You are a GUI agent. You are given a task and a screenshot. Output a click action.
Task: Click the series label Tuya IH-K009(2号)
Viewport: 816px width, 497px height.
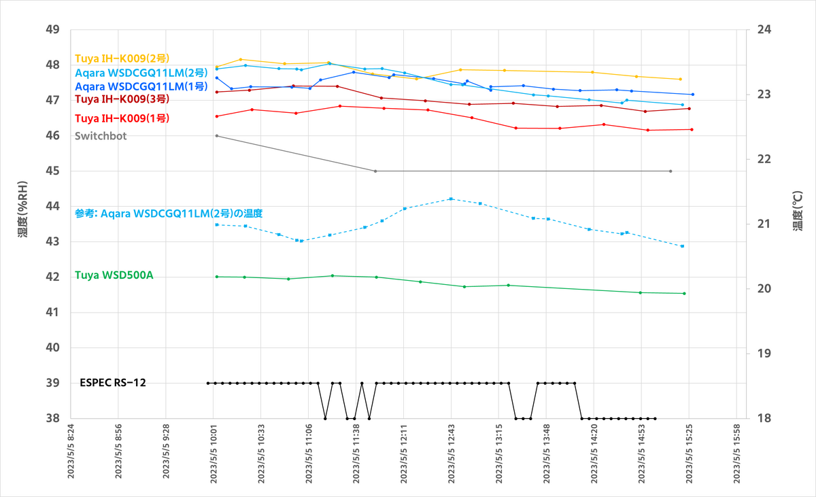point(122,58)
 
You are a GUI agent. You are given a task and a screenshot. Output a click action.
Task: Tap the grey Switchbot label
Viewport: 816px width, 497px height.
point(101,136)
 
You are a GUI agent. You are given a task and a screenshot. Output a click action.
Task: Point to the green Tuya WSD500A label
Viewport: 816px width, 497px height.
point(114,276)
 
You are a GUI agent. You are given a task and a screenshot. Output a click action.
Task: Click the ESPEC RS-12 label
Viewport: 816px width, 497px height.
point(113,383)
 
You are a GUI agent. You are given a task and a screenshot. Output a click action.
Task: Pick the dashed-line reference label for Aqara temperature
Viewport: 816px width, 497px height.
point(169,213)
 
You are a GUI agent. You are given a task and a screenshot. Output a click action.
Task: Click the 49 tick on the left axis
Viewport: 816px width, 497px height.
point(52,29)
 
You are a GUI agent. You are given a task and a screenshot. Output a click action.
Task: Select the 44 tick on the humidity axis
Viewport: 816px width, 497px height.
point(52,206)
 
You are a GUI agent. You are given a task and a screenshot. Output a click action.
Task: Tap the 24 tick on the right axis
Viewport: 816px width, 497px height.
point(756,29)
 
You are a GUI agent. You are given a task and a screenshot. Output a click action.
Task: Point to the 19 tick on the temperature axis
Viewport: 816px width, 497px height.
point(756,354)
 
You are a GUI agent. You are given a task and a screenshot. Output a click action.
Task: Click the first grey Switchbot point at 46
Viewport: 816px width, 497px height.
point(217,136)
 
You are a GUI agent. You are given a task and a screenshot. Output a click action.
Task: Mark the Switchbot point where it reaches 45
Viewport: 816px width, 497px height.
point(375,171)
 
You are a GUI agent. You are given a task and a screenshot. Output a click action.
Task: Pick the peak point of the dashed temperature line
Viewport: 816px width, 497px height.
point(452,199)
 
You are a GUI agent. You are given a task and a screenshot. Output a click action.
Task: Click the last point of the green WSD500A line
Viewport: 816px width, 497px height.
point(684,294)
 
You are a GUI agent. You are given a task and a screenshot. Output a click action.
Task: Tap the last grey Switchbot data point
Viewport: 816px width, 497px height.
point(670,171)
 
